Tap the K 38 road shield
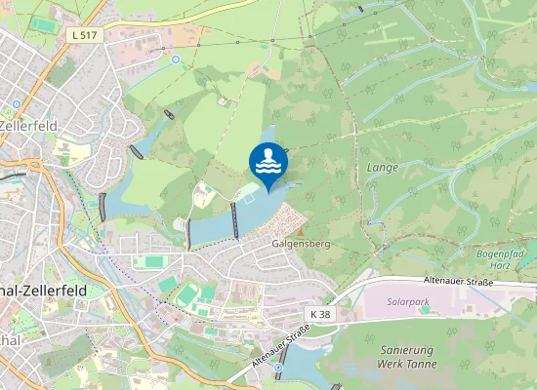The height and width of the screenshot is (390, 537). click(320, 314)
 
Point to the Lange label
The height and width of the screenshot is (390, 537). click(382, 168)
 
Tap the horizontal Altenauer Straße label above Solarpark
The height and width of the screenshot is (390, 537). click(459, 281)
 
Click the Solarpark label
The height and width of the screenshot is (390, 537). click(408, 303)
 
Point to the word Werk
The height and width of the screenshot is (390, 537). click(389, 363)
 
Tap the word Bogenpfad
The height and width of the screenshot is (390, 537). click(500, 252)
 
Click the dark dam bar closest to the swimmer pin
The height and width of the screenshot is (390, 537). click(234, 220)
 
